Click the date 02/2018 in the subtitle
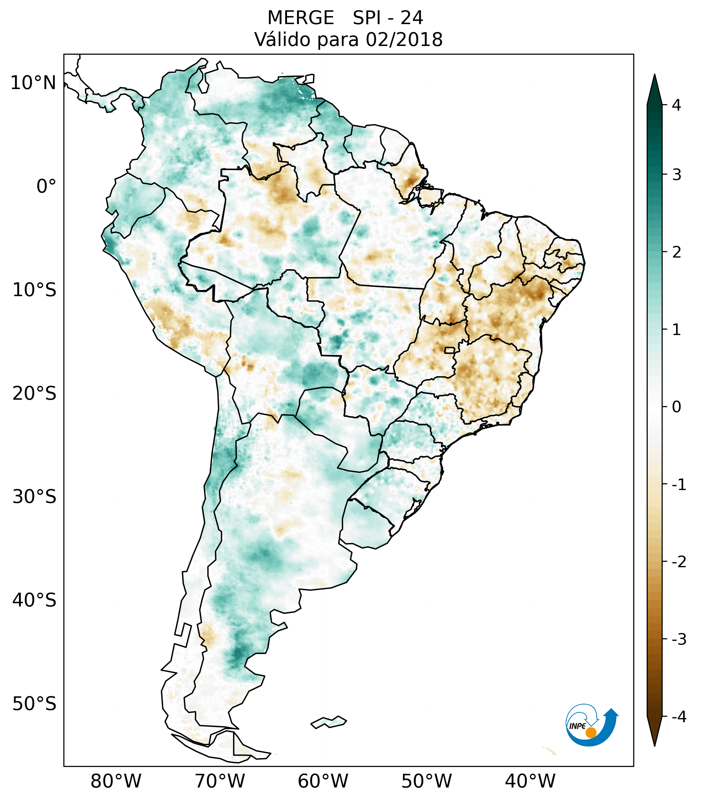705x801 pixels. tap(404, 40)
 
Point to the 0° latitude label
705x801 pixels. tap(46, 187)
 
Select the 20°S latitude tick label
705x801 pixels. tap(34, 394)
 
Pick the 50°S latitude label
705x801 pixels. tap(34, 704)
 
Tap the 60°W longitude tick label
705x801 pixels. tap(323, 781)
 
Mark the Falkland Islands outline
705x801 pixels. tap(329, 722)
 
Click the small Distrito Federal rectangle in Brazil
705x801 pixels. tap(450, 350)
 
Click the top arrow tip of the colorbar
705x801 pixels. tap(654, 75)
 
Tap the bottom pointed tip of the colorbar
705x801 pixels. tap(654, 745)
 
